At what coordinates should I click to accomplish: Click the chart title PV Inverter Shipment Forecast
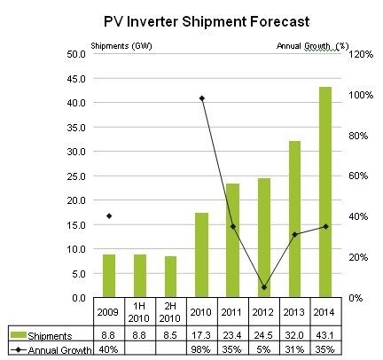tap(207, 22)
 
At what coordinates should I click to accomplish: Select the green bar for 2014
tap(325, 192)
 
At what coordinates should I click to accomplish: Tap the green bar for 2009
tap(109, 276)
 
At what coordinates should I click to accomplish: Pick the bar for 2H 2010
tap(171, 277)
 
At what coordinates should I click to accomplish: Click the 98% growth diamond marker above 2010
tap(202, 98)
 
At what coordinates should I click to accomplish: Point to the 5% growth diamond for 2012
tap(264, 287)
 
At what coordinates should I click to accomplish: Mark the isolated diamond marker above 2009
tap(109, 216)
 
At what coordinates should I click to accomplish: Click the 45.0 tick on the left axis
tap(76, 79)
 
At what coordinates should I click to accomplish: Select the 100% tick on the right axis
tap(361, 95)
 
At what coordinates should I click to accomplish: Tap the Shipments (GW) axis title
tap(121, 46)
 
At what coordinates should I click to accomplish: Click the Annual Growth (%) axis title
tap(313, 46)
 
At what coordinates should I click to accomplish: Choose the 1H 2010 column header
tap(139, 312)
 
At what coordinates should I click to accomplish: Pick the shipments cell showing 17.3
tap(201, 335)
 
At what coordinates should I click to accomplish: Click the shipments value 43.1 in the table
tap(324, 335)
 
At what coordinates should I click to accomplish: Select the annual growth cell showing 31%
tap(293, 349)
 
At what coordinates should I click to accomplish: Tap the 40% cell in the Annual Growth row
tap(108, 349)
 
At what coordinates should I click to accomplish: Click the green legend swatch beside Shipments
tap(19, 335)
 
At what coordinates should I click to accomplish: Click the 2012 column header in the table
tap(262, 312)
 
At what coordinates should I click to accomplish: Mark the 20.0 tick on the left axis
tap(76, 200)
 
